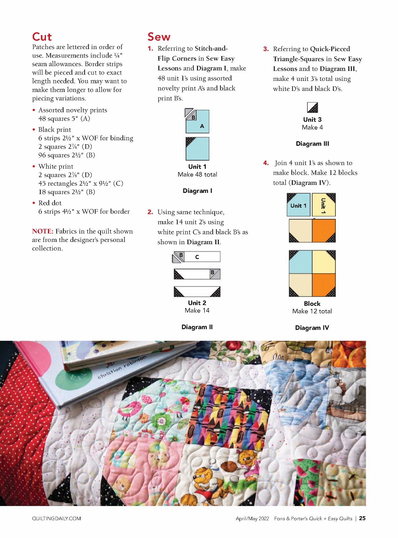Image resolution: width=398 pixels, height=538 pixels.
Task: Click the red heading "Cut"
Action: click(x=42, y=37)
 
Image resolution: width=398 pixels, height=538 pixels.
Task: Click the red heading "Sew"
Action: click(x=159, y=37)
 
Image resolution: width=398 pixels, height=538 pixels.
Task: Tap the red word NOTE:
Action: click(x=42, y=231)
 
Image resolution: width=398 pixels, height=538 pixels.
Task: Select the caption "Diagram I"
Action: click(x=197, y=191)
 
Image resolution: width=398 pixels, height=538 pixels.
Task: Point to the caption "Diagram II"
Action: click(x=197, y=327)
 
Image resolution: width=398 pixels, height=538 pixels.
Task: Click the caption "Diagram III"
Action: click(x=312, y=144)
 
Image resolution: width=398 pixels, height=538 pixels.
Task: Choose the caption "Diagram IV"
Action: click(x=312, y=328)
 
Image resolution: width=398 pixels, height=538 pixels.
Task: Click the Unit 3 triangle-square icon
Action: click(x=312, y=108)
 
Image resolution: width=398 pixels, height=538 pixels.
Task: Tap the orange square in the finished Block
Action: click(x=324, y=285)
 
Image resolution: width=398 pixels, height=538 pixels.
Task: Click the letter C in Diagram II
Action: click(x=197, y=257)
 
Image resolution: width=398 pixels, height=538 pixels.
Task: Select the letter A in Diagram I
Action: click(x=202, y=126)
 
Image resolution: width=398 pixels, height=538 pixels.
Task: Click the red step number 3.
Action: click(x=266, y=49)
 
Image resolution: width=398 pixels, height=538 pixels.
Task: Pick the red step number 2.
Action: click(x=150, y=212)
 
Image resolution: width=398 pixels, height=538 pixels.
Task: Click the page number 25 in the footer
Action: click(x=362, y=518)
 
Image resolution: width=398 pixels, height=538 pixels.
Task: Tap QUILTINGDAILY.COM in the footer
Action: click(x=56, y=518)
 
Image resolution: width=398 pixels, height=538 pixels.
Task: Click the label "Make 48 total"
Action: click(x=197, y=175)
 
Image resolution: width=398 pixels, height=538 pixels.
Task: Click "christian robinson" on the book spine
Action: click(x=122, y=367)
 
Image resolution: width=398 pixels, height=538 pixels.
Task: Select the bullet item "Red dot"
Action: click(x=50, y=203)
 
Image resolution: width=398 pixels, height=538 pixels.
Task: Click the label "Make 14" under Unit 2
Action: click(x=197, y=310)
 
